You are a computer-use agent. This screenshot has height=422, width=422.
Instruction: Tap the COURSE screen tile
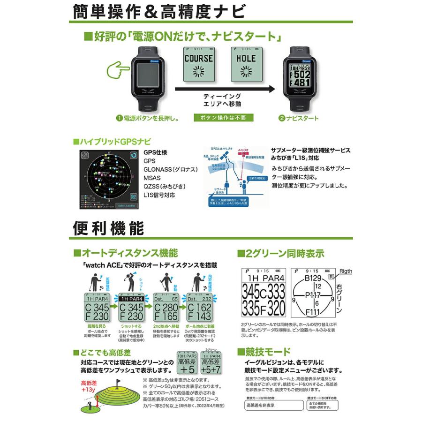pos(198,65)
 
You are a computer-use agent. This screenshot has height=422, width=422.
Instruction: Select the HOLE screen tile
pos(246,65)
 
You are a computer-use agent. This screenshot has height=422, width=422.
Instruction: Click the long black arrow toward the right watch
pos(225,88)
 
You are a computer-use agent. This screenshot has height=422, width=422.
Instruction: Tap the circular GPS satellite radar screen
pos(108,179)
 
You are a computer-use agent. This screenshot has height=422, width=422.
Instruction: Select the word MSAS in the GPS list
pos(152,178)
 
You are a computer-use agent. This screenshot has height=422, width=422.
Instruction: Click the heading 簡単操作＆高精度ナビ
pos(159,11)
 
